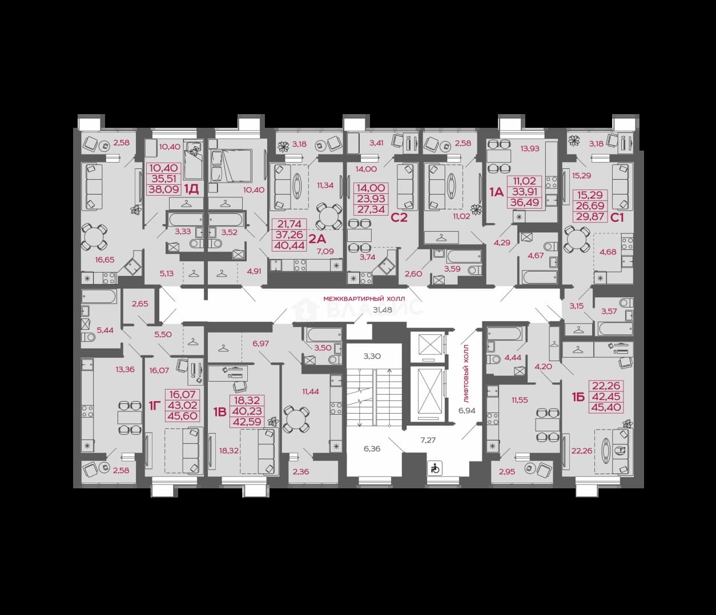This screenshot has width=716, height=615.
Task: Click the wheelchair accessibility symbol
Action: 435,469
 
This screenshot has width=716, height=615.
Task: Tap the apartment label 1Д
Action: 191,189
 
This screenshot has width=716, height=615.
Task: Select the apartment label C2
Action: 399,218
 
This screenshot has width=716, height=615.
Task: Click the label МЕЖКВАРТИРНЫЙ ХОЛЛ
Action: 364,298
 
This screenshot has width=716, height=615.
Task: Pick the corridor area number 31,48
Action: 383,310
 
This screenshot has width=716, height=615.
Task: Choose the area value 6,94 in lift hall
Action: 467,411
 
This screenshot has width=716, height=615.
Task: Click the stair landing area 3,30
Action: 372,356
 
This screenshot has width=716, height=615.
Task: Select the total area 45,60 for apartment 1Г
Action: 182,416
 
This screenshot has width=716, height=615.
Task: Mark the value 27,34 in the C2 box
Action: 371,209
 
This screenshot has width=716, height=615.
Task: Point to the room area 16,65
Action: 104,260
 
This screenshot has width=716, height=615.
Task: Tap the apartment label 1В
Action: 220,412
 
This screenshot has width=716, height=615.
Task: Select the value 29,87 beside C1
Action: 590,217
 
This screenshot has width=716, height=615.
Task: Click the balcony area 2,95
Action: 507,472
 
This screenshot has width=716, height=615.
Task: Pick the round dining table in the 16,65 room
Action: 94,237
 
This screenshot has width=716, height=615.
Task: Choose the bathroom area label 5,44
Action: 105,330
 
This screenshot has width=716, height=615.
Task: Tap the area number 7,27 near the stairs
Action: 428,440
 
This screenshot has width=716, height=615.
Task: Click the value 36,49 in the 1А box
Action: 525,202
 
